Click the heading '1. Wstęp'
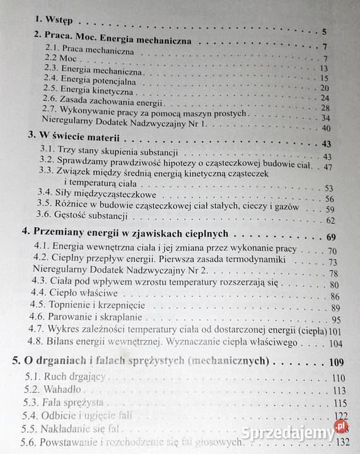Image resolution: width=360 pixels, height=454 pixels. [57, 20]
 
